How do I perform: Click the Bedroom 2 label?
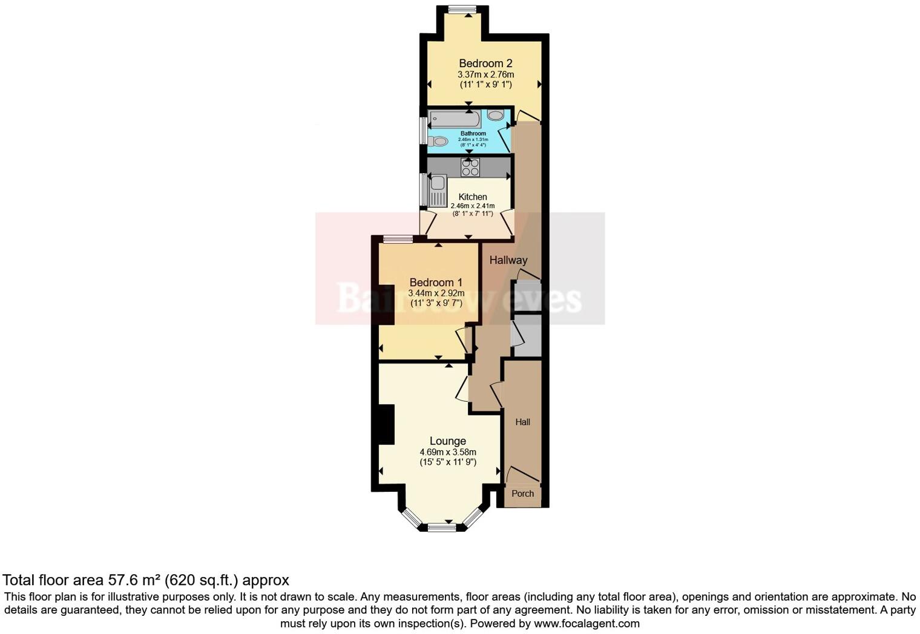485,64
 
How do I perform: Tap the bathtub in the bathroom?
455,119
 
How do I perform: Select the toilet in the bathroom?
438,142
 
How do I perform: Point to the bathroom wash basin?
495,116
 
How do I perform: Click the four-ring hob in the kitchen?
470,167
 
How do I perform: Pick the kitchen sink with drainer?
437,190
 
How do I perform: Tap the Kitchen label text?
473,197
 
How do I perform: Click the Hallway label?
508,260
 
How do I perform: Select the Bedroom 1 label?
436,283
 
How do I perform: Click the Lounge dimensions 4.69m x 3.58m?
448,452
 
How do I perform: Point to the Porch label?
523,494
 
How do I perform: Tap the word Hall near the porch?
523,422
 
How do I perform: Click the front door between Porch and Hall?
522,475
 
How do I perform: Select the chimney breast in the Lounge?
386,424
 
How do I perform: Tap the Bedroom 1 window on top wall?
398,240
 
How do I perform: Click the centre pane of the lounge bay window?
442,528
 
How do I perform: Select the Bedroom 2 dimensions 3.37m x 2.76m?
485,74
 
